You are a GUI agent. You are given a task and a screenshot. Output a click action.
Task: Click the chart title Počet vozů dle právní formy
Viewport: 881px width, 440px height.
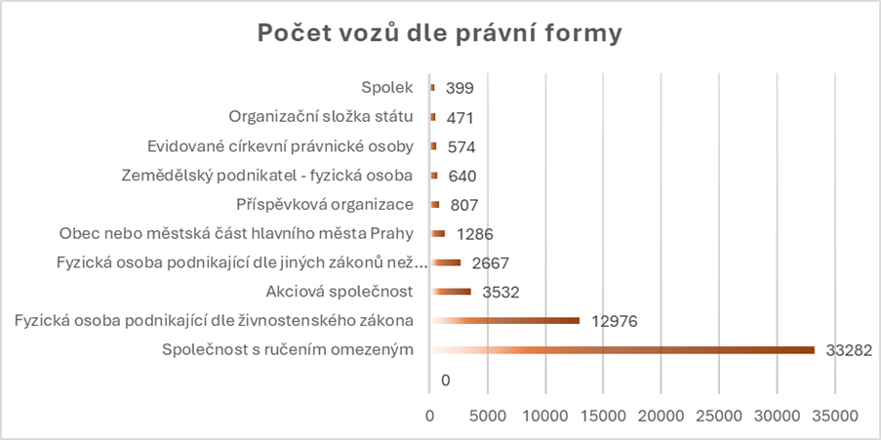pos(439,33)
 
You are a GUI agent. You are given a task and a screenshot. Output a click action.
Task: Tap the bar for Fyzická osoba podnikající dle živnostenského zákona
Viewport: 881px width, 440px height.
pos(504,321)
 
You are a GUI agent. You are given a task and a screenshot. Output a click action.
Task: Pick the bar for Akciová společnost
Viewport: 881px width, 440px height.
pos(451,292)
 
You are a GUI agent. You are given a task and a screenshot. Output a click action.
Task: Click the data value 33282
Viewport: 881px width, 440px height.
pos(847,350)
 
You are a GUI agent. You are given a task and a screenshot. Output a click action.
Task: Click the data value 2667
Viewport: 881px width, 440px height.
pos(490,262)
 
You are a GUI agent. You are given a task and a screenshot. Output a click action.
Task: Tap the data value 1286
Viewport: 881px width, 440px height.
pos(474,233)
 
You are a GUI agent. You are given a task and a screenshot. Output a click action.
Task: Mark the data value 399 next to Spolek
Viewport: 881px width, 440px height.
pos(460,88)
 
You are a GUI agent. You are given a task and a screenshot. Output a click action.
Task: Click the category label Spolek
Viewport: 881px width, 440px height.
pos(387,88)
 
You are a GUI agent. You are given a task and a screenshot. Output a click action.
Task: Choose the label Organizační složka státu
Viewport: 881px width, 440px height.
pos(321,117)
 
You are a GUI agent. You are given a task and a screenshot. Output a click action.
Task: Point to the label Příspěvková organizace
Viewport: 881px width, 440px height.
pos(325,204)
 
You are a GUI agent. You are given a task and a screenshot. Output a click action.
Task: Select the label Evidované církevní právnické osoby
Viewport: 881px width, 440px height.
pos(280,146)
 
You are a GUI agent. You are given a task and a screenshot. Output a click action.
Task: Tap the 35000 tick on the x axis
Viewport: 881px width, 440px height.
pos(836,415)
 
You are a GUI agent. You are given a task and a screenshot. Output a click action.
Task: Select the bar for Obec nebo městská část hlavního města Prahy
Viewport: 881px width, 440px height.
pos(437,233)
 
